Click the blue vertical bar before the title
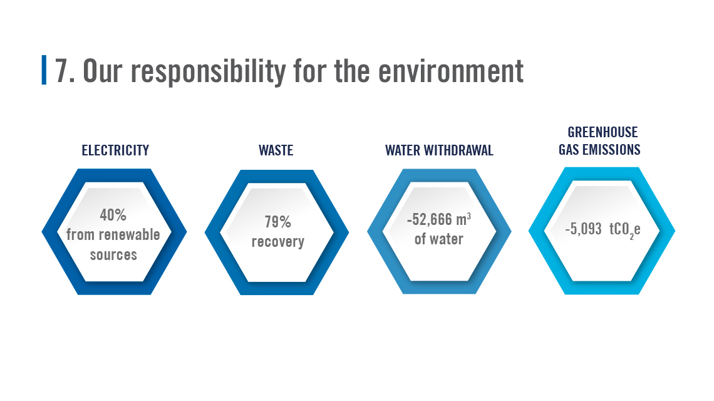(44, 70)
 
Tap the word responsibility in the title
(209, 73)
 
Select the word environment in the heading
(451, 71)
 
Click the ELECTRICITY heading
(115, 150)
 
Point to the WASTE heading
(276, 150)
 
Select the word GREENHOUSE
(603, 132)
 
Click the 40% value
(113, 215)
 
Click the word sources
(113, 255)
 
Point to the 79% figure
(277, 222)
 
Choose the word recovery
(277, 242)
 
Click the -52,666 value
(430, 220)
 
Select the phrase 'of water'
(438, 239)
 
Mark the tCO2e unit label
(625, 230)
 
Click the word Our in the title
(103, 71)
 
